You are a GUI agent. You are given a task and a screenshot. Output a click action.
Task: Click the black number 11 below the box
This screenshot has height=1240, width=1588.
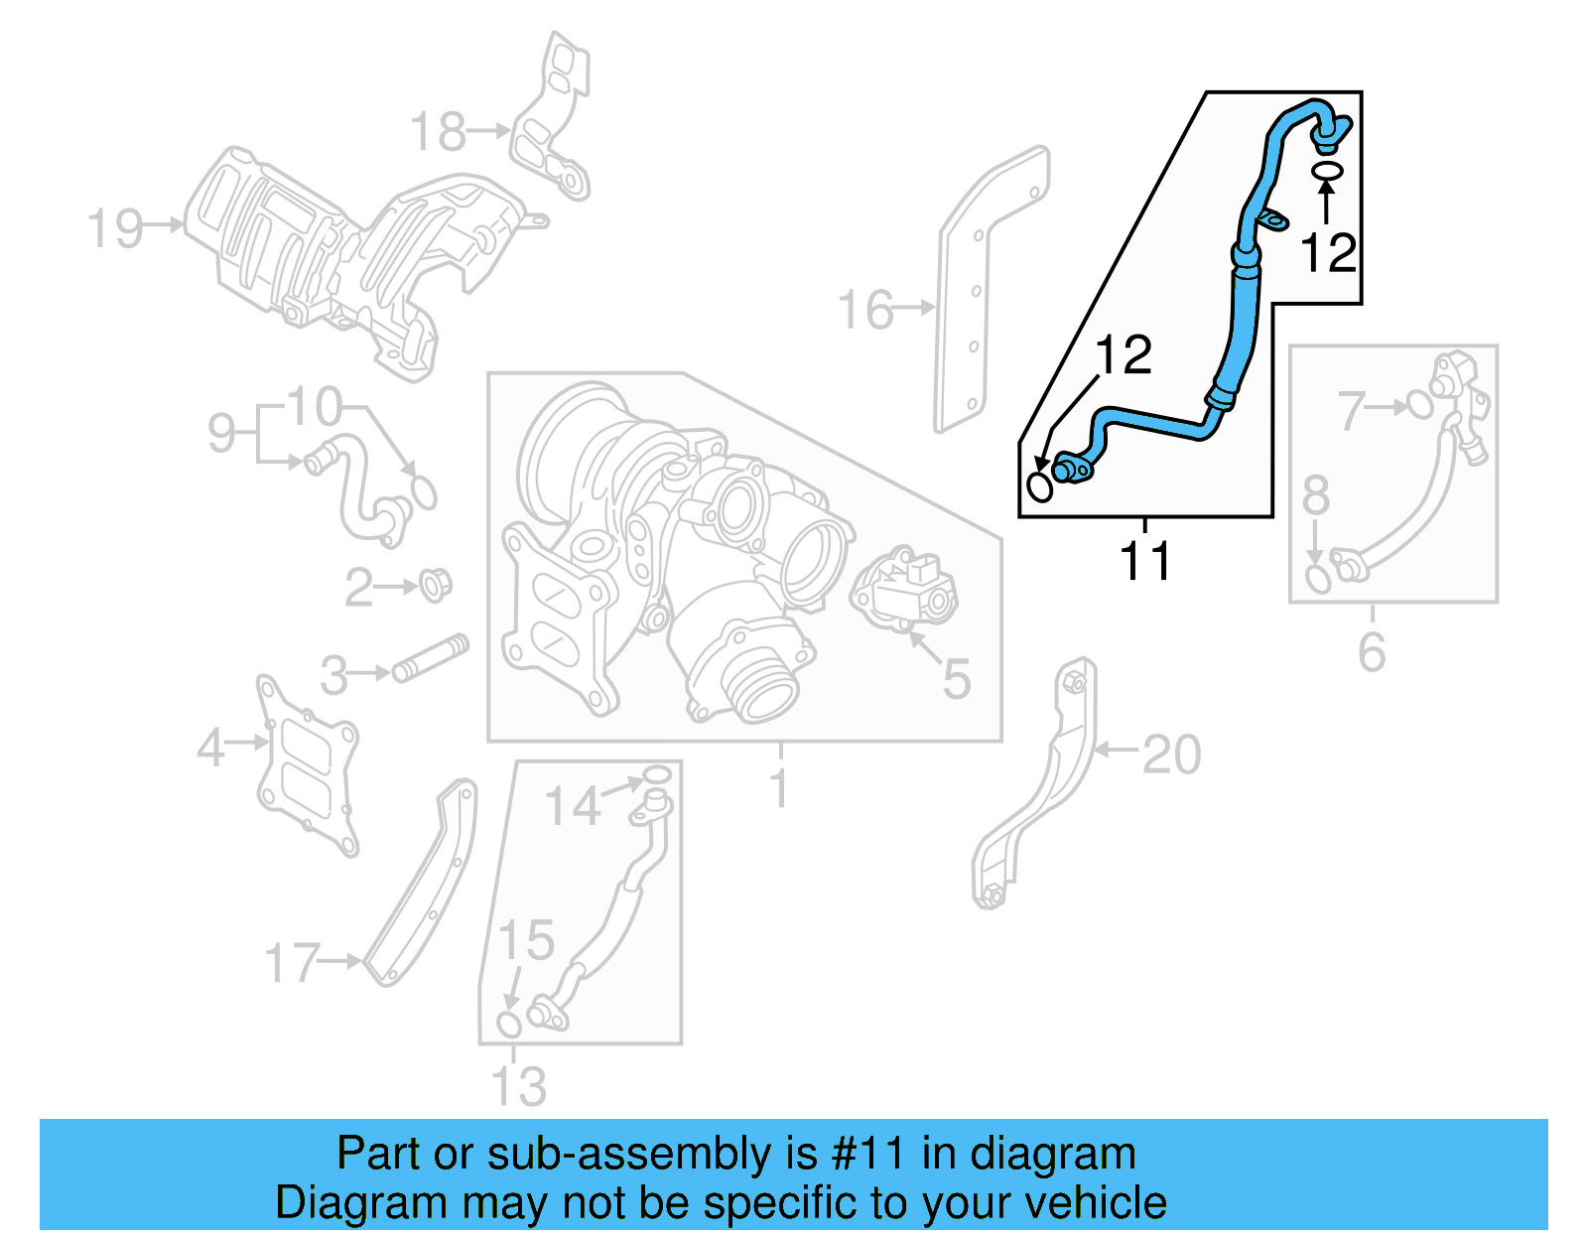pyautogui.click(x=1144, y=561)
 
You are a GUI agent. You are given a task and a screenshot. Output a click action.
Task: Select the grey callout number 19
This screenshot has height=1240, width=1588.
pyautogui.click(x=115, y=228)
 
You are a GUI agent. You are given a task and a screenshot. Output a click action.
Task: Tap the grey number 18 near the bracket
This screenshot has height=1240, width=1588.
pyautogui.click(x=438, y=132)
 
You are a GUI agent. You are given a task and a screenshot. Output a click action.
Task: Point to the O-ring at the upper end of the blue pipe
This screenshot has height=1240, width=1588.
pyautogui.click(x=1327, y=172)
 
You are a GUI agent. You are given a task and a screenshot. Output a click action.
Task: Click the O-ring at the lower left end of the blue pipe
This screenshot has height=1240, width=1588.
pyautogui.click(x=1039, y=486)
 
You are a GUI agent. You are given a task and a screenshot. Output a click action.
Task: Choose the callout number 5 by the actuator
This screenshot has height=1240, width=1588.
pyautogui.click(x=956, y=679)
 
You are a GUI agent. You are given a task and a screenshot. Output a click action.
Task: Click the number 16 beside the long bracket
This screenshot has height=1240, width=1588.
pyautogui.click(x=865, y=310)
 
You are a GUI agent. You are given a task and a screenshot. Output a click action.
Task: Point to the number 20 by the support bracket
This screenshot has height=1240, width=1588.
pyautogui.click(x=1171, y=755)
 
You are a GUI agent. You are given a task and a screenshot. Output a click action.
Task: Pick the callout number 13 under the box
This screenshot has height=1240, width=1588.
pyautogui.click(x=518, y=1086)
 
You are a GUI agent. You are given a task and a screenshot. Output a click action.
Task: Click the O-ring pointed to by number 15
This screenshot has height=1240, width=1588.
pyautogui.click(x=508, y=1024)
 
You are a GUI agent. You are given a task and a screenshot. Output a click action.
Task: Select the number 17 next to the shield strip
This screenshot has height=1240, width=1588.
pyautogui.click(x=292, y=963)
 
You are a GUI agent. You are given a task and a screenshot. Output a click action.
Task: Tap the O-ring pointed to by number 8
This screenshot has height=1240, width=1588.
pyautogui.click(x=1318, y=579)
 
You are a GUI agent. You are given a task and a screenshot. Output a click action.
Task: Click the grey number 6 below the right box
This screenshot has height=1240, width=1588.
pyautogui.click(x=1372, y=652)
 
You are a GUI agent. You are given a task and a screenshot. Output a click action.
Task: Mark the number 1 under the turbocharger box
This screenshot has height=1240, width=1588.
pyautogui.click(x=780, y=788)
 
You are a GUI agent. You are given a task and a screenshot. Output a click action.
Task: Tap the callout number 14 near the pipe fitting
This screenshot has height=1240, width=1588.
pyautogui.click(x=573, y=805)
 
